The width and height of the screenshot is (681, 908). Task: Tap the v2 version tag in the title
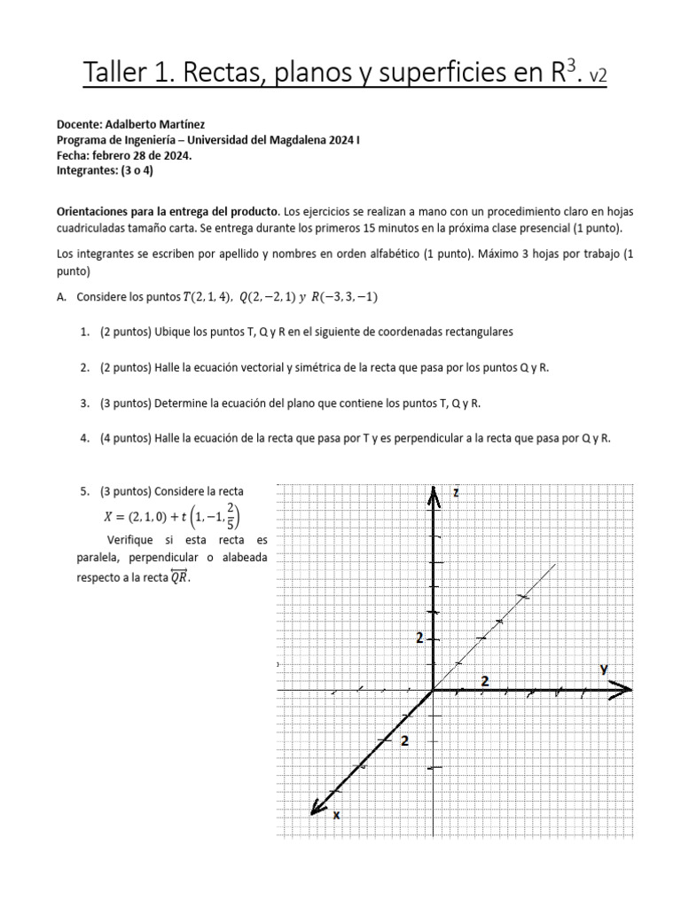click(x=597, y=77)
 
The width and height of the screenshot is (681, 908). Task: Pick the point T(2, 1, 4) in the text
click(x=206, y=297)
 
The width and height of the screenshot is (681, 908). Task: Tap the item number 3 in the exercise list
click(x=84, y=403)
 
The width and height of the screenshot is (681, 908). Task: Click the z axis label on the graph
click(x=456, y=492)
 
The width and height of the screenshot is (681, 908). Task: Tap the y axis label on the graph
click(x=604, y=668)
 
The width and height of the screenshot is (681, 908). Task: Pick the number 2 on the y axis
click(x=484, y=680)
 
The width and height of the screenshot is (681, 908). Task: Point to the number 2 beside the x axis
click(x=404, y=741)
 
